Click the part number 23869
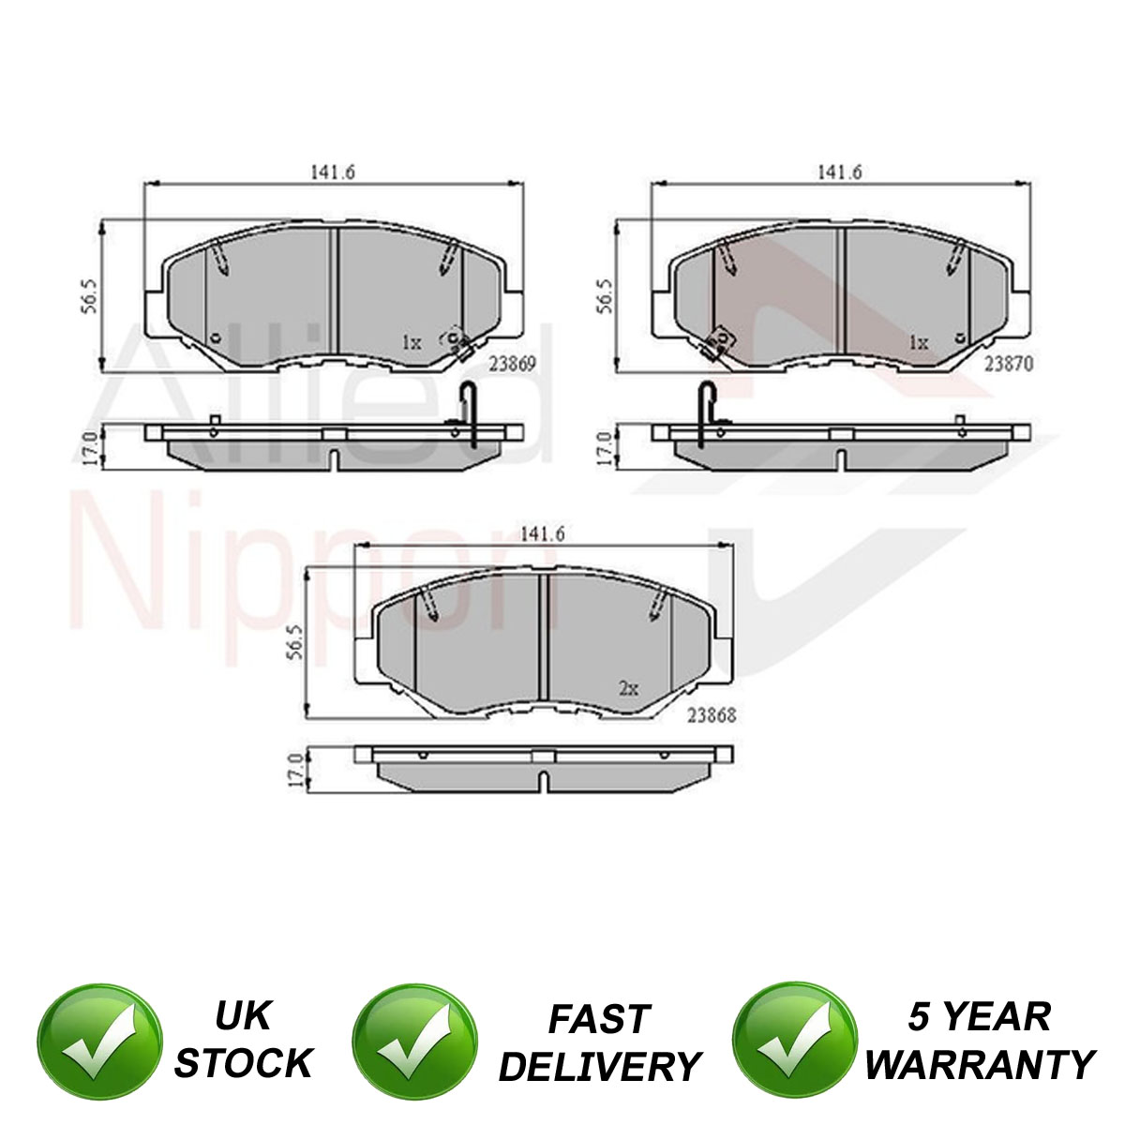coord(512,365)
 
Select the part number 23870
coord(1009,365)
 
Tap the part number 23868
coord(711,715)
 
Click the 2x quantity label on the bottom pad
coord(628,689)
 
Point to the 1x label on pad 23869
coord(412,343)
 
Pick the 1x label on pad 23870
coord(919,343)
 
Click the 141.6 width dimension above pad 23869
coord(333,172)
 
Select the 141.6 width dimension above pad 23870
coord(839,172)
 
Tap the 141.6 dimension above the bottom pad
coord(543,534)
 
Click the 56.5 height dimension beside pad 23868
coord(295,642)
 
